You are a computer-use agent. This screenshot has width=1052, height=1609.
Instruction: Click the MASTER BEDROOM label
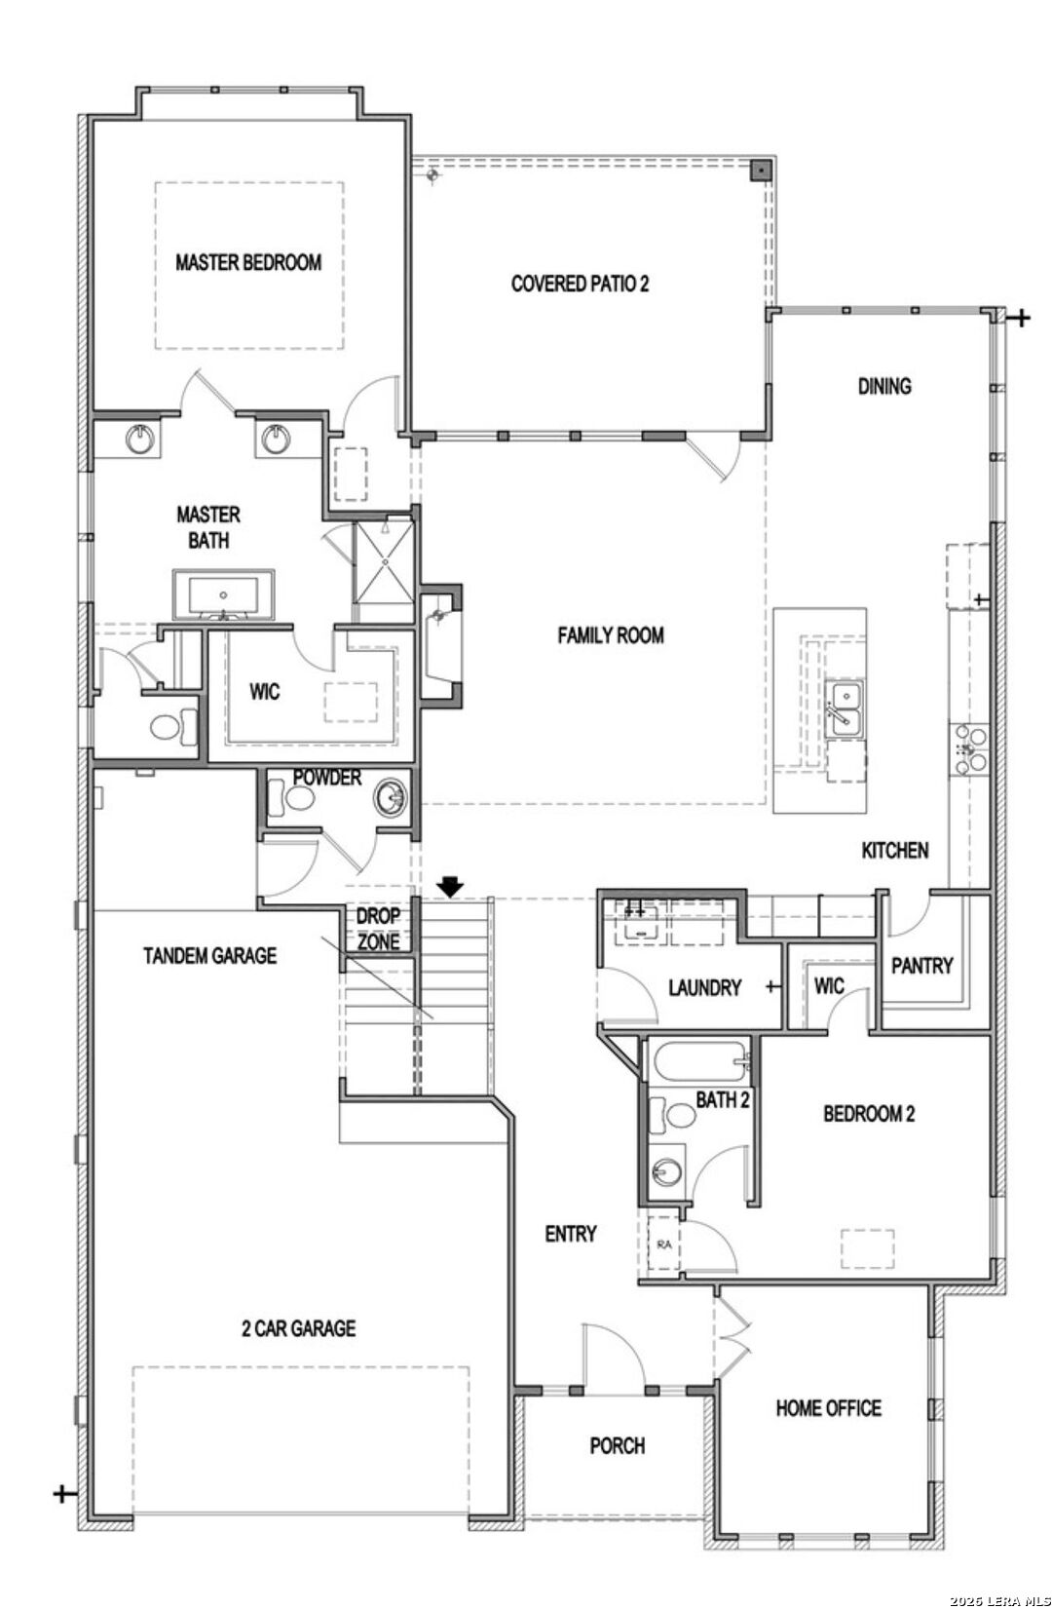(x=248, y=262)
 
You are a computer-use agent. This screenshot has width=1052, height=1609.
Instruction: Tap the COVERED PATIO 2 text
(x=580, y=284)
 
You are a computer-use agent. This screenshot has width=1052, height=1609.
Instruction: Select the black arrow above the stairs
(x=450, y=886)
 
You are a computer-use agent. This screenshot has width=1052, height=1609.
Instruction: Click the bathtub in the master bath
(x=223, y=594)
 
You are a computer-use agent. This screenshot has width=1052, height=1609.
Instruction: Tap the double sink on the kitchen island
(x=845, y=709)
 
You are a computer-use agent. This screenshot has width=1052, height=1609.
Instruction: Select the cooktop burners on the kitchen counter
(x=970, y=748)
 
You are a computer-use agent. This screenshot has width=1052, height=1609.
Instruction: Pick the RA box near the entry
(x=664, y=1244)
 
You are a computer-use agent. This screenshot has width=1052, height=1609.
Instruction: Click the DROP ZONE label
(x=378, y=929)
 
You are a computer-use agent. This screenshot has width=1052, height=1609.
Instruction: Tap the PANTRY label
(x=921, y=965)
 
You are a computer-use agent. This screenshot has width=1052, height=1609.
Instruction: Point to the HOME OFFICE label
(x=828, y=1407)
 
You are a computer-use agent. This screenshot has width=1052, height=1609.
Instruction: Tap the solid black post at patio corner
(x=760, y=171)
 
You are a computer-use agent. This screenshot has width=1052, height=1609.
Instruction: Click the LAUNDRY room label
(x=704, y=987)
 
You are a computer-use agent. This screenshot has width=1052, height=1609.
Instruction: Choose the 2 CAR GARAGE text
(x=298, y=1327)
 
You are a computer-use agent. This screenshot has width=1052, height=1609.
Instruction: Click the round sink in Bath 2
(x=667, y=1170)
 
